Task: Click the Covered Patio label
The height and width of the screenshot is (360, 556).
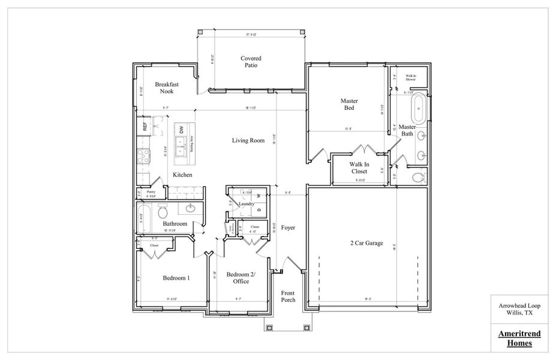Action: click(x=251, y=62)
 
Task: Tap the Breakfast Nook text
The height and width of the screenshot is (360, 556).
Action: click(x=166, y=88)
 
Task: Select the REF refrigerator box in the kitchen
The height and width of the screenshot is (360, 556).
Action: click(x=145, y=127)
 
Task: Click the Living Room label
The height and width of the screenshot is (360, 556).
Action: click(x=248, y=141)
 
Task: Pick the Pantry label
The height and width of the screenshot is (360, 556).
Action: click(x=151, y=193)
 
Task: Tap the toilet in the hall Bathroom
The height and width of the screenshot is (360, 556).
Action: click(x=163, y=211)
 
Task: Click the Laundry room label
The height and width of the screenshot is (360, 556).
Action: click(x=247, y=204)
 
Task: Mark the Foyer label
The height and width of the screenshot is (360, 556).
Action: click(x=288, y=228)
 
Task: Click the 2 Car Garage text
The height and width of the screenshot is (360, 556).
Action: click(x=368, y=243)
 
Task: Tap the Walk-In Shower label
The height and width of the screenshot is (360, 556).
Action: click(x=411, y=77)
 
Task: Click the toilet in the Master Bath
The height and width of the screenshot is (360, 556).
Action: click(x=418, y=178)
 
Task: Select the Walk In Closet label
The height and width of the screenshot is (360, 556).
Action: click(x=359, y=167)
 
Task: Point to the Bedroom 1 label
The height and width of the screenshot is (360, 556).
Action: click(x=176, y=278)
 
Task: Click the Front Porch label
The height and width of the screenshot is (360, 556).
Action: click(x=288, y=296)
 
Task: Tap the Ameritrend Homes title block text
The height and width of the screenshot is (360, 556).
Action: click(x=516, y=339)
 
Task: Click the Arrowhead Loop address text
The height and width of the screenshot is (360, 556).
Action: click(x=516, y=308)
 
